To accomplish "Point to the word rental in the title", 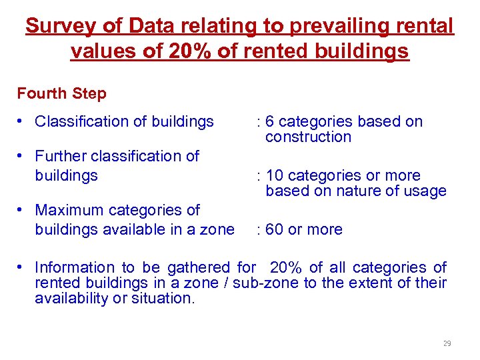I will tap(421, 27).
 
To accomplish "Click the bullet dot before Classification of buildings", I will tap(22, 121).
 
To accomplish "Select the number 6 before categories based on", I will tap(269, 121).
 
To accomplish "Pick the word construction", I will tap(308, 137).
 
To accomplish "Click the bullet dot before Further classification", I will tap(22, 156).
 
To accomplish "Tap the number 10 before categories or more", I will tap(273, 175).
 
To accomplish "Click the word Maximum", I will tap(67, 210).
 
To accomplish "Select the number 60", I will tap(273, 229).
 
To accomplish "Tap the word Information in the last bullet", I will tap(73, 267).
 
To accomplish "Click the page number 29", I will tap(447, 344).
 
